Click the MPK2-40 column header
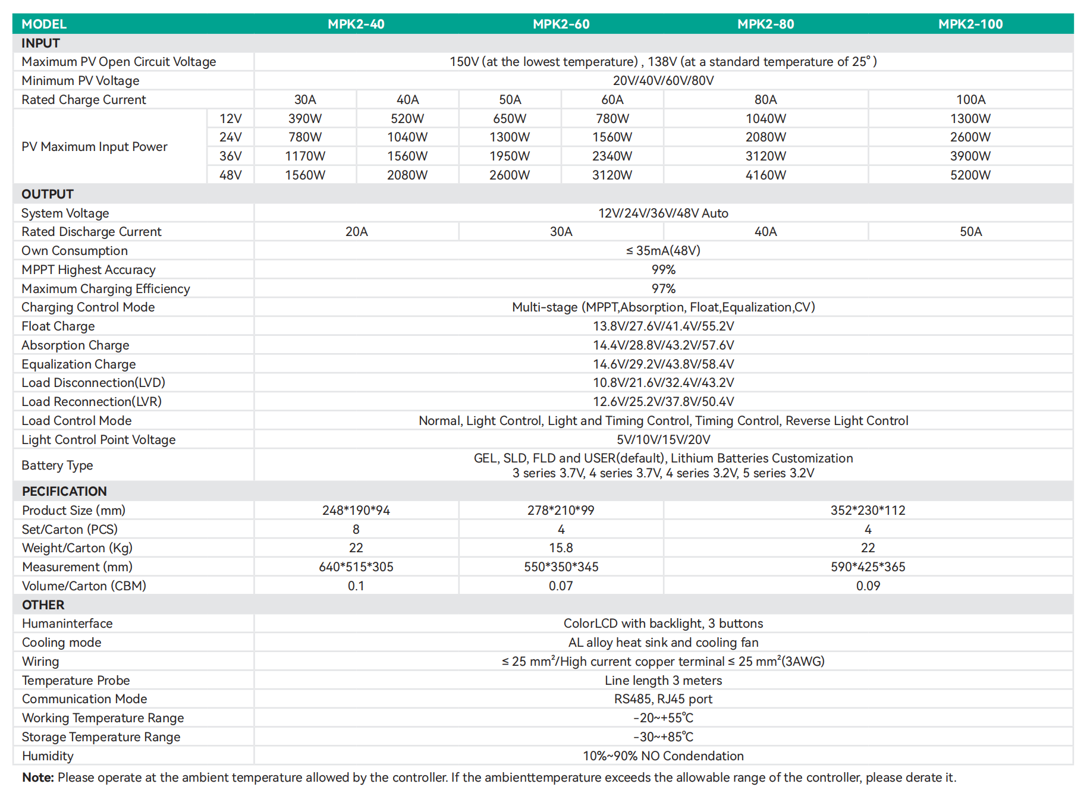click(x=356, y=24)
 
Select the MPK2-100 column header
click(x=970, y=24)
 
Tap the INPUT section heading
click(x=40, y=43)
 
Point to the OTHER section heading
click(x=43, y=605)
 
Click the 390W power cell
click(x=304, y=118)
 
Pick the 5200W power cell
click(x=970, y=175)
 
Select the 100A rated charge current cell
click(x=970, y=100)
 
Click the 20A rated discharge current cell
click(x=356, y=232)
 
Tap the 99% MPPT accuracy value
click(x=663, y=270)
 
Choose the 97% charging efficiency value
click(x=663, y=289)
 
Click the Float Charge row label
click(x=58, y=326)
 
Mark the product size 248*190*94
click(x=356, y=511)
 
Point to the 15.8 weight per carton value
click(x=561, y=548)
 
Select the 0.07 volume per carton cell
click(x=561, y=586)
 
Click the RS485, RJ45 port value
click(x=663, y=699)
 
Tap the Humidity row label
click(x=48, y=756)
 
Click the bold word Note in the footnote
click(x=37, y=778)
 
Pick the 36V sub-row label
click(x=230, y=156)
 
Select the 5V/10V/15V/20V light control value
click(x=663, y=440)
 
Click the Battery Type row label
click(x=57, y=465)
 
